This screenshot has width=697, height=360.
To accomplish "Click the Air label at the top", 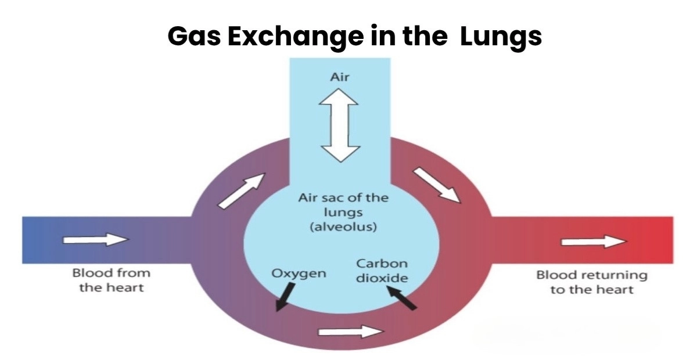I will pos(340,77).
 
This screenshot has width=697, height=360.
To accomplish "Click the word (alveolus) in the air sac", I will pos(343,227).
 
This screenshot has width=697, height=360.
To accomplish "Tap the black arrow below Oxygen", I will pos(283,298).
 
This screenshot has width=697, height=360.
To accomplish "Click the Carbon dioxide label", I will pos(382,271).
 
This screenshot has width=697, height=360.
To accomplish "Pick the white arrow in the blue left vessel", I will pos(95,239).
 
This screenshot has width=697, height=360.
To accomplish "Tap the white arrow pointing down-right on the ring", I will pos(437,185).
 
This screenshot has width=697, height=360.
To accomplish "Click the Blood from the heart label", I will pos(111,280).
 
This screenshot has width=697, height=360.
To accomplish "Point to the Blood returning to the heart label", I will pos(591,282).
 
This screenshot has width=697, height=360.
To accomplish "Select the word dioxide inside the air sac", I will pos(382,278).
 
